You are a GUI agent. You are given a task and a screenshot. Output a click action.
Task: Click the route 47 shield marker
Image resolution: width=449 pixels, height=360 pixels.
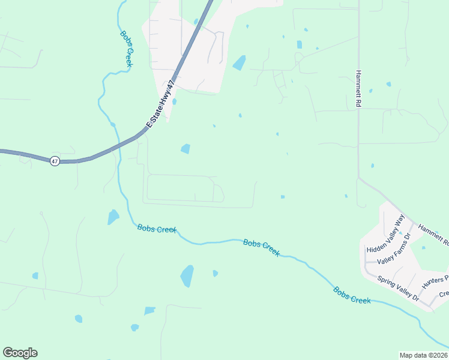pyautogui.click(x=55, y=161)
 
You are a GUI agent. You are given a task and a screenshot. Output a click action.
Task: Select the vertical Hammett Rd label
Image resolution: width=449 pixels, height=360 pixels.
pyautogui.click(x=358, y=88)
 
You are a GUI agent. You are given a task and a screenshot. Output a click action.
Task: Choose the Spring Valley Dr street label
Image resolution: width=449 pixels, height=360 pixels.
pyautogui.click(x=398, y=287)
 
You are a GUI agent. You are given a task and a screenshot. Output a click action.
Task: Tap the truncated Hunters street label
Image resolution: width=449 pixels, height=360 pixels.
pyautogui.click(x=435, y=281)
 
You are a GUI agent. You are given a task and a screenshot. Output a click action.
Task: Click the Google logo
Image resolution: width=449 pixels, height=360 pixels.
pyautogui.click(x=20, y=353)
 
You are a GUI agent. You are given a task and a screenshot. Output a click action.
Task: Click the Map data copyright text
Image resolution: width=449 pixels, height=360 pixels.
pyautogui.click(x=423, y=355)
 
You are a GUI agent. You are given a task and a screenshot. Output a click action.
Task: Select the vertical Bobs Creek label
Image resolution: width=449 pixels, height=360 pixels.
pyautogui.click(x=126, y=49)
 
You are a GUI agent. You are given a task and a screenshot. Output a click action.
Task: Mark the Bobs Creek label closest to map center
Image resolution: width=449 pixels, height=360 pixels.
pyautogui.click(x=261, y=247)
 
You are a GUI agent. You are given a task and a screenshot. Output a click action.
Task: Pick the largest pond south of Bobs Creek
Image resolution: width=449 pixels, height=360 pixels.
pyautogui.click(x=187, y=276)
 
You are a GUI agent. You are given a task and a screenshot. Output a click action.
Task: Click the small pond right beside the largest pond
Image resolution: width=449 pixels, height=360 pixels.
pyautogui.click(x=215, y=274)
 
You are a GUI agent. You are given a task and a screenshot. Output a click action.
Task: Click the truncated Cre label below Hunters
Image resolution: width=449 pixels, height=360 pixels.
pyautogui.click(x=444, y=294)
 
